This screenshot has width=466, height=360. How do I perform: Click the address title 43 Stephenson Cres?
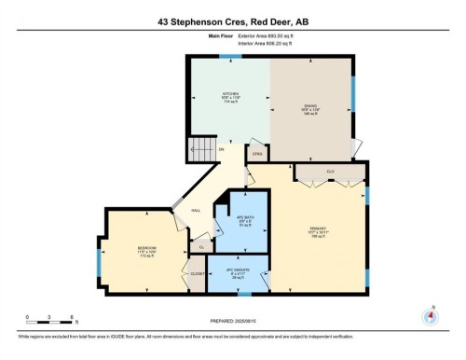(232, 21)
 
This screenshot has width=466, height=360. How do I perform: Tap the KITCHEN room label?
(230, 95)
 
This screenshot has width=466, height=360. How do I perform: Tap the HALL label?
(196, 211)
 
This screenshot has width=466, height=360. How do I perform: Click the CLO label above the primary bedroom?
(330, 172)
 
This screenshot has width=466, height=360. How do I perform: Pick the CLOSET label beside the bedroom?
(198, 274)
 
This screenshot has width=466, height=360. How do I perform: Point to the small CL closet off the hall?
(202, 246)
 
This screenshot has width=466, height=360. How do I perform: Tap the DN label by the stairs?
(222, 149)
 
